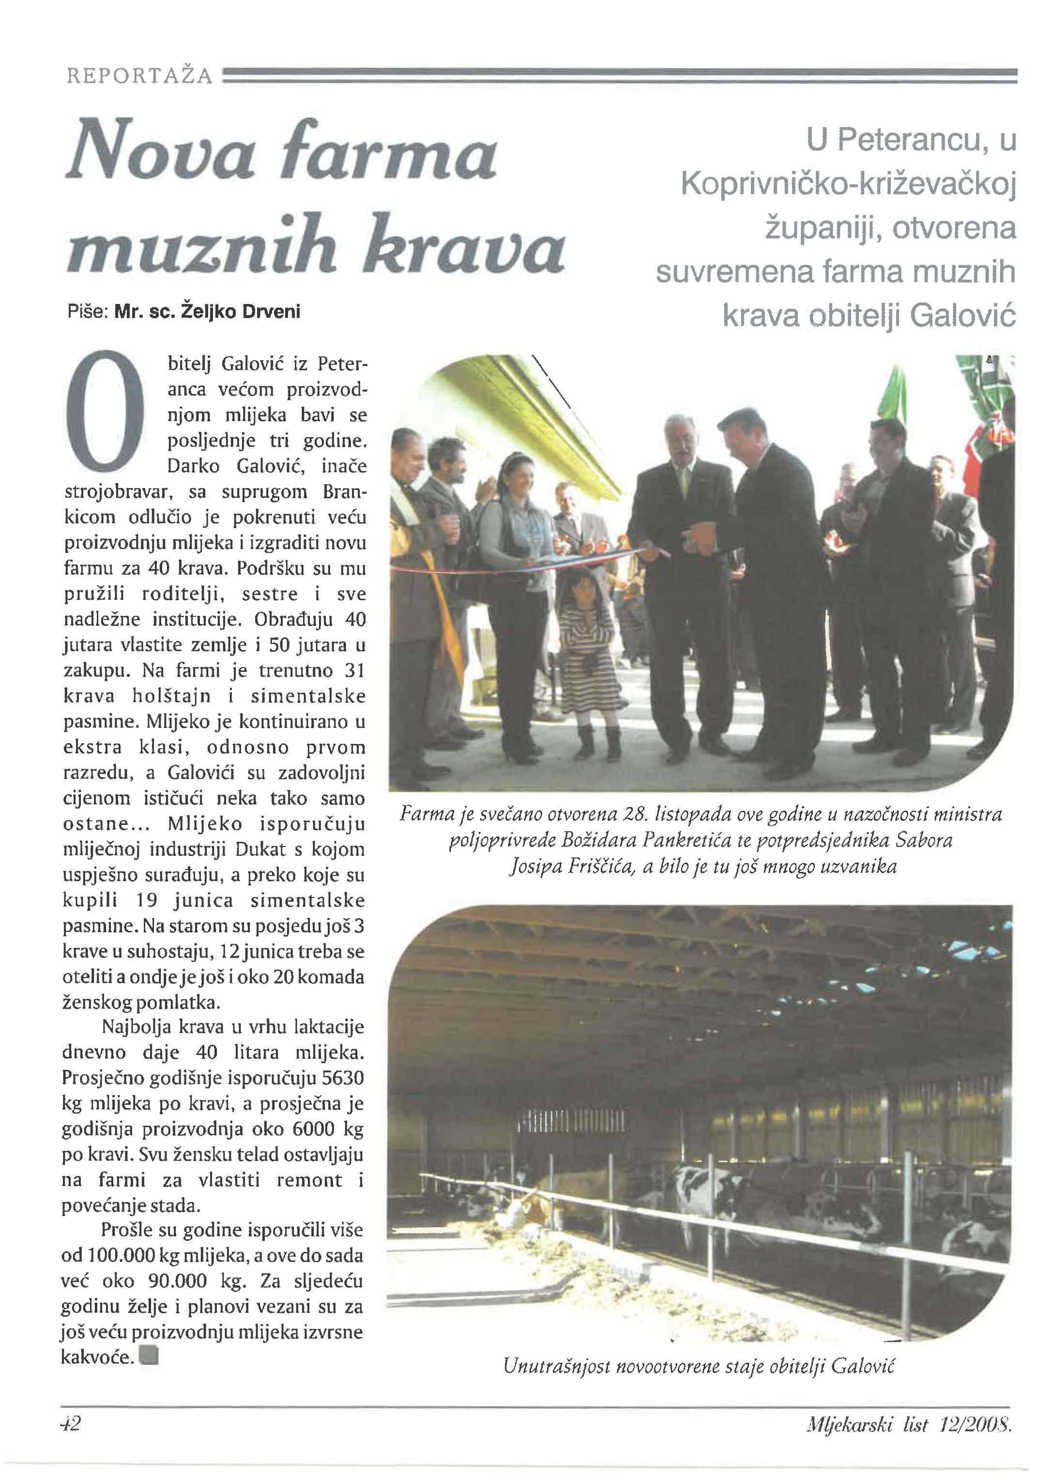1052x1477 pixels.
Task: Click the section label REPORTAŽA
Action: pyautogui.click(x=140, y=76)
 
